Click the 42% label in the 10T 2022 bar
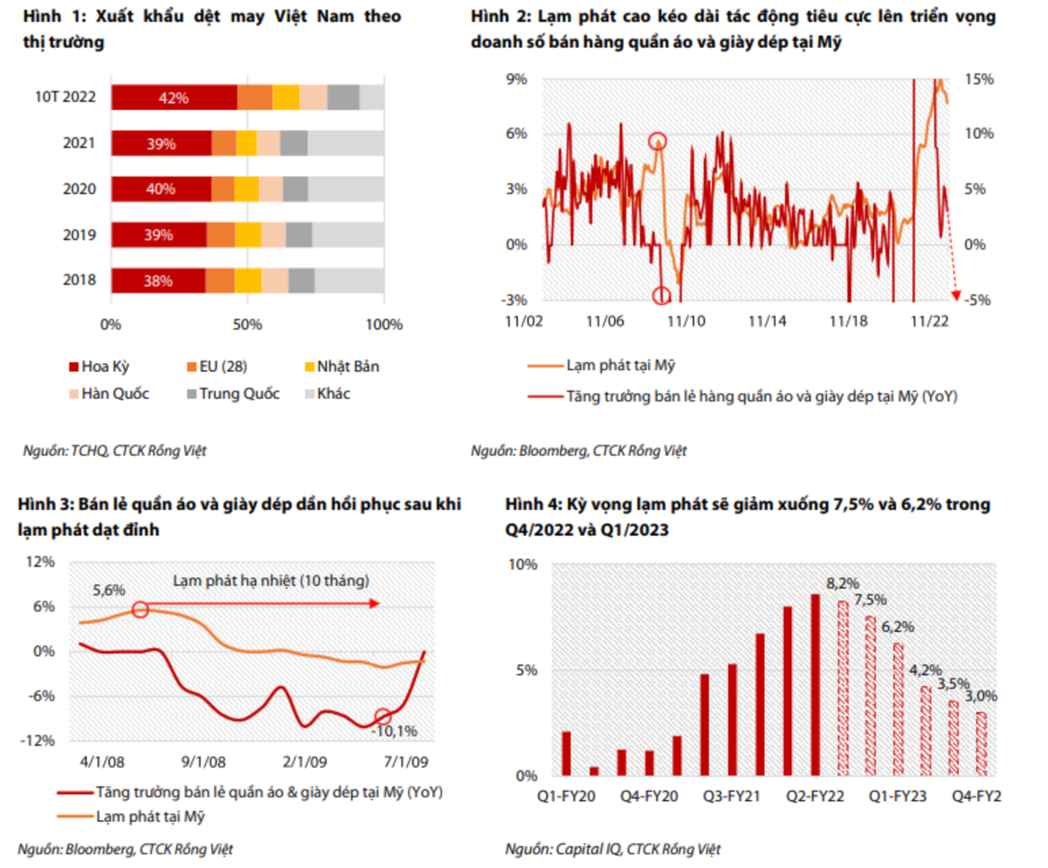(x=174, y=98)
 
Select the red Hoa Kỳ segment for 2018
(x=157, y=280)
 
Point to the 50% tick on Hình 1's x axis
(x=248, y=325)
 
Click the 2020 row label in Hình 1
(x=79, y=189)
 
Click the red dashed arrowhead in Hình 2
(x=955, y=295)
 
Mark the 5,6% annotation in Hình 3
(x=108, y=590)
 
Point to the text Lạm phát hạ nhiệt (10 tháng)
(x=271, y=581)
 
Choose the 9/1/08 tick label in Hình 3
(x=206, y=761)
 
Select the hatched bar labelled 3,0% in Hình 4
(x=982, y=743)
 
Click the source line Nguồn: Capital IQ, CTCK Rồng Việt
(x=613, y=849)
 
